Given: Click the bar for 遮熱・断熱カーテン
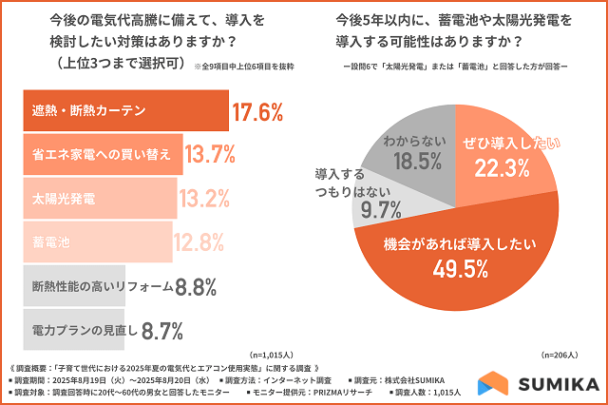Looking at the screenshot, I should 123,111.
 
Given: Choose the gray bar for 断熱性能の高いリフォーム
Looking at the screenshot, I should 72,285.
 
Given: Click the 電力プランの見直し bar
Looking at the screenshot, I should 72,329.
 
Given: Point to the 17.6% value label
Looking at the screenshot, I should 257,112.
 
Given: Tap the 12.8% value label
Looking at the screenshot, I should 199,242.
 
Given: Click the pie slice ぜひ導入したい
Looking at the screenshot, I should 499,157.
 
